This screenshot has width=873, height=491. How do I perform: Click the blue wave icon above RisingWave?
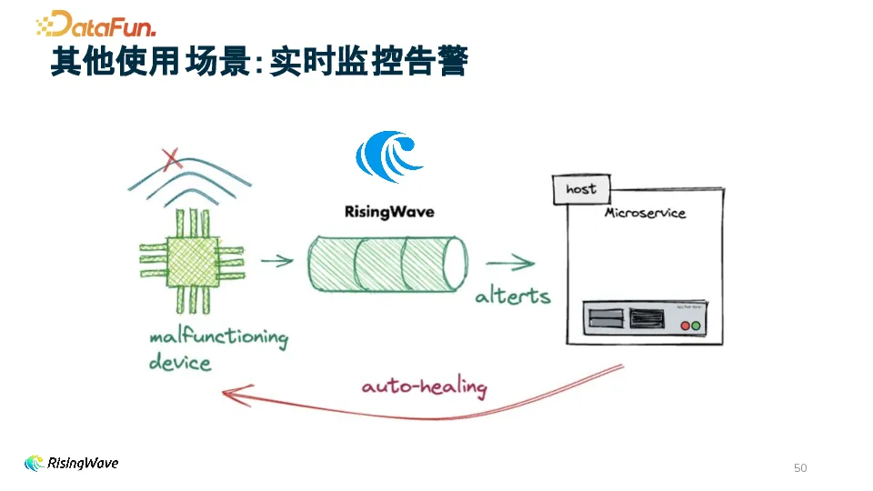tap(389, 157)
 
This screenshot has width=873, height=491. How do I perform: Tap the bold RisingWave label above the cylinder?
tap(389, 212)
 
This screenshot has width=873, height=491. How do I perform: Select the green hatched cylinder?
tap(386, 265)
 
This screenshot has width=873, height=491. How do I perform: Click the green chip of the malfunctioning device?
tap(192, 260)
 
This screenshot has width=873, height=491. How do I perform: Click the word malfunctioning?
tap(218, 338)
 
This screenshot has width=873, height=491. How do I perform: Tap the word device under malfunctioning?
tap(180, 363)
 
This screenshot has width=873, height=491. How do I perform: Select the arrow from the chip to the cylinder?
tap(277, 261)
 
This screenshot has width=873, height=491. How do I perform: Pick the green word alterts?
tap(512, 296)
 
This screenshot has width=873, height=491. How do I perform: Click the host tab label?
tap(581, 189)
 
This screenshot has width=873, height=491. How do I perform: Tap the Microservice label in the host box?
tap(645, 213)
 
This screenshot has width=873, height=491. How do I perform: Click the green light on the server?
tap(697, 325)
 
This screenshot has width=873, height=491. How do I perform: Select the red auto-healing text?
tap(424, 386)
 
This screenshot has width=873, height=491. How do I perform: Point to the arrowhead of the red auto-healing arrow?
tap(229, 394)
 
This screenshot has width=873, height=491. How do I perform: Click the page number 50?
tap(800, 468)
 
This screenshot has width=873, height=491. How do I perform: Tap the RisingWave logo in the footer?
tap(71, 464)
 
